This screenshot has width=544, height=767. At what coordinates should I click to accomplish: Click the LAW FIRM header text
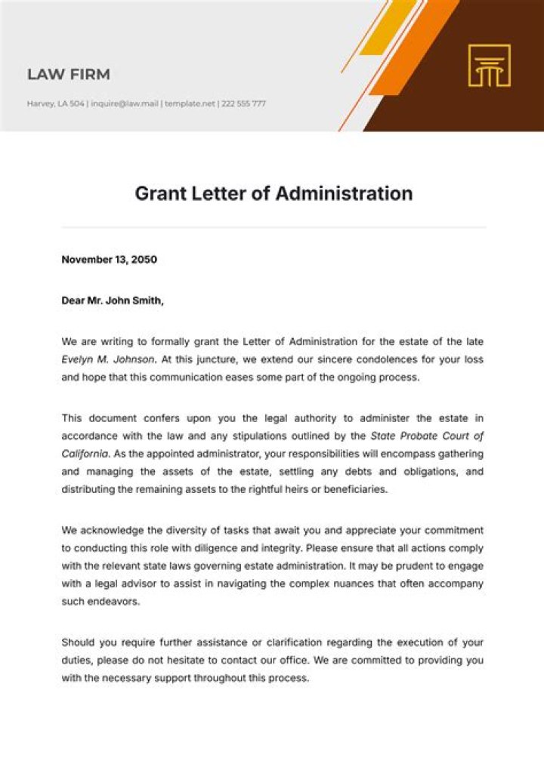point(69,74)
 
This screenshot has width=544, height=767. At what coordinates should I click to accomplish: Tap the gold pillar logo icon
point(489,66)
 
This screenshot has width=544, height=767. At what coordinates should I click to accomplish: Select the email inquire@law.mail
point(124,104)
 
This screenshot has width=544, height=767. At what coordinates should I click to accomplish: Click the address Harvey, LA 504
point(56,104)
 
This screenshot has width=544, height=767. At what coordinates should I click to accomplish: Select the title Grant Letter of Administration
point(274,193)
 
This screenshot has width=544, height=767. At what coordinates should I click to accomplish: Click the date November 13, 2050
point(109,260)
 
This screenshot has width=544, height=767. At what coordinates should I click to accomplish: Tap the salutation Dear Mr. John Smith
point(112,300)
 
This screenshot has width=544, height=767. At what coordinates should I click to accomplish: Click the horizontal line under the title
point(274,227)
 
